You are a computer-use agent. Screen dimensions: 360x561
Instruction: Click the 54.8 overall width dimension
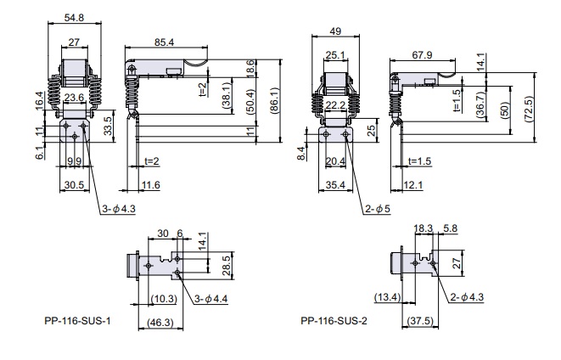[75, 17]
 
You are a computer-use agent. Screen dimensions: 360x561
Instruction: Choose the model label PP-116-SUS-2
[334, 322]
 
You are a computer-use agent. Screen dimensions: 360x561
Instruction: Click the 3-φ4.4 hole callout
[210, 298]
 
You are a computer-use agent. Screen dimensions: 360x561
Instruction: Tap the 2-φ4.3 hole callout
[470, 298]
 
